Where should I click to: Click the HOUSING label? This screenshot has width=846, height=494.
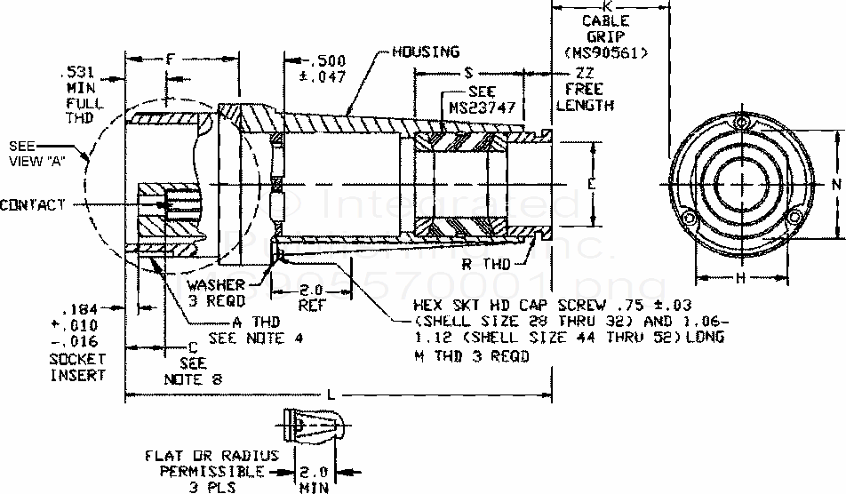tap(427, 52)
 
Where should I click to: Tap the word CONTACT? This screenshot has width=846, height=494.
tap(34, 206)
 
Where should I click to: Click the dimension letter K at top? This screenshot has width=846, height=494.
tap(606, 6)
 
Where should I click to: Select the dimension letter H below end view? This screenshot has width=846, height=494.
tap(740, 277)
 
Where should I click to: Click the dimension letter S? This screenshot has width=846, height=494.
tap(467, 73)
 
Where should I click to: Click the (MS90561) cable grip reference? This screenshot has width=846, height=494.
tap(606, 52)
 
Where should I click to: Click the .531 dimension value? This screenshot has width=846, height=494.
tap(73, 72)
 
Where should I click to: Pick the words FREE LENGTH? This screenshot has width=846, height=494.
tap(585, 97)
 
